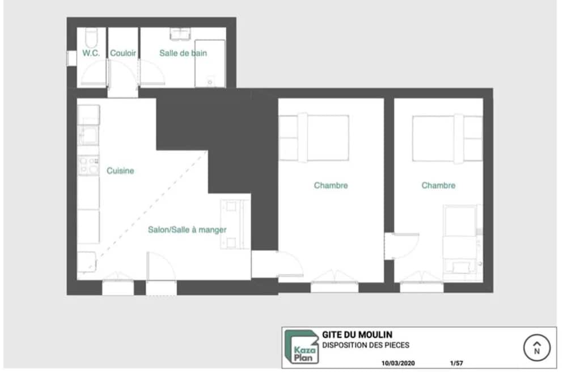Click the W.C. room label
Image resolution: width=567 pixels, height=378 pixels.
(x=91, y=53)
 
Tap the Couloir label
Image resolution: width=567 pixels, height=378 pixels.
(x=123, y=53)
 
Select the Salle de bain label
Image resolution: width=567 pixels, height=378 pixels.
(x=183, y=53)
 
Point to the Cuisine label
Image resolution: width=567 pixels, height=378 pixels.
(x=120, y=170)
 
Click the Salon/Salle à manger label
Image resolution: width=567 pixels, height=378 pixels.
(x=187, y=229)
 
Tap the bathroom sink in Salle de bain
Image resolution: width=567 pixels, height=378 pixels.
(x=180, y=34)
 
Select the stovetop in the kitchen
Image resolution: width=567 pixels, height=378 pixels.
(x=88, y=165)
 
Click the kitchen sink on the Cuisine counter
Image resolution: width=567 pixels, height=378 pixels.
(x=88, y=135)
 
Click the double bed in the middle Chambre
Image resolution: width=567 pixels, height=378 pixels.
(x=314, y=137)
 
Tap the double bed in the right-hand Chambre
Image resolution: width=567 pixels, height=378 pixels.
(x=447, y=138)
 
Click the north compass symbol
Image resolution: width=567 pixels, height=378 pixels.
(x=536, y=347)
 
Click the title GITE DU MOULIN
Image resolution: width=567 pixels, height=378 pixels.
(x=357, y=334)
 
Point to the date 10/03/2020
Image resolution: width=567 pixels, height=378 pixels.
(x=398, y=363)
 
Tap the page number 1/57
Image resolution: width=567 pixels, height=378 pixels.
(x=456, y=363)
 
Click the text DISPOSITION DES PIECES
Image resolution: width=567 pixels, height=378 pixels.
(x=366, y=345)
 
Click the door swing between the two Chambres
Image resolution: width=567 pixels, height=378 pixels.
(x=402, y=246)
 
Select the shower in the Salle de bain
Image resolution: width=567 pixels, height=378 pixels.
(x=210, y=64)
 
